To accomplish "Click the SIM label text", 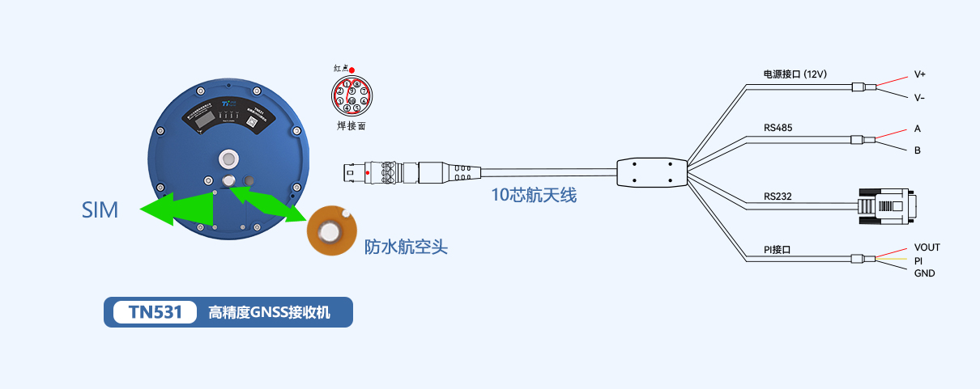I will [100, 210].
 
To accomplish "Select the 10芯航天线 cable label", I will [534, 194].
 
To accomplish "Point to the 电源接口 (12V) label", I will [795, 74].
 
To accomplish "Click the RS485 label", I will [778, 128].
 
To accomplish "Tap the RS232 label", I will [778, 197].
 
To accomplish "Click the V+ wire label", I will [920, 74].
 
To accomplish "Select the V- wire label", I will [920, 98].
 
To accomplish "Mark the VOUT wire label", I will [927, 247].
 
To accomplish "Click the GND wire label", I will [924, 273].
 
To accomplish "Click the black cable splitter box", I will [651, 171].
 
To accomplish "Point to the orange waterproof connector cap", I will [330, 232].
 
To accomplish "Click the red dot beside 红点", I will [352, 70].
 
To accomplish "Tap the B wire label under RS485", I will [918, 150].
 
